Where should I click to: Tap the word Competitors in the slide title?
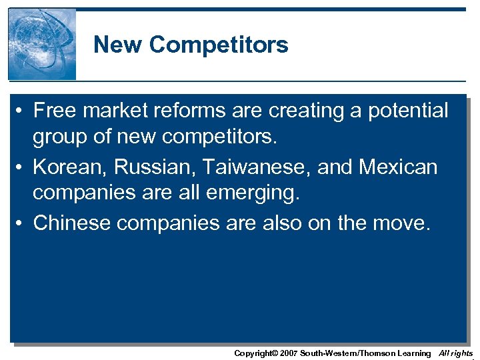click(x=219, y=45)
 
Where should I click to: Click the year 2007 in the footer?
click(x=287, y=353)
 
